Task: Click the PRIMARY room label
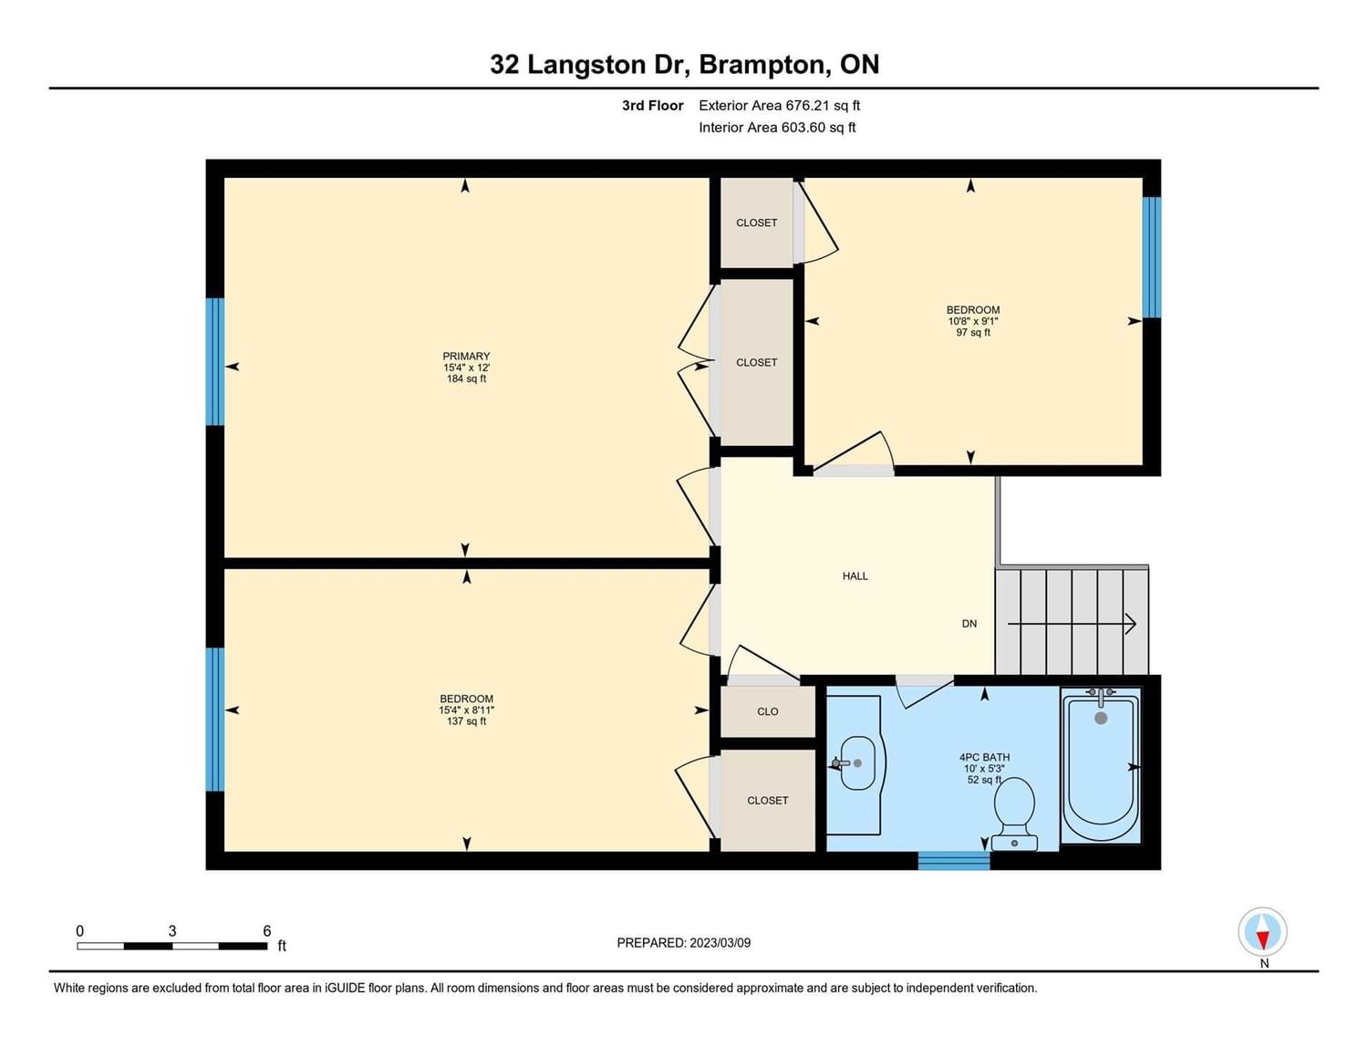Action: click(x=466, y=356)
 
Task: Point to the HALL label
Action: click(x=855, y=576)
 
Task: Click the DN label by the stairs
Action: click(x=969, y=624)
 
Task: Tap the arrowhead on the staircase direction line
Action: click(x=1130, y=624)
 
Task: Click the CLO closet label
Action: click(x=767, y=711)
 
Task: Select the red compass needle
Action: click(x=1262, y=940)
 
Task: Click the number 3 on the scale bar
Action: click(x=171, y=931)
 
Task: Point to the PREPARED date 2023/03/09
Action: click(x=720, y=943)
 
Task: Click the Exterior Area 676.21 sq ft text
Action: click(x=780, y=106)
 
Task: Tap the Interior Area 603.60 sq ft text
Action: click(x=777, y=128)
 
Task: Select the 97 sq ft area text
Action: click(x=972, y=332)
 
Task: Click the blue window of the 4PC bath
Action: click(x=954, y=861)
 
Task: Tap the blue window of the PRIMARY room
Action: click(x=215, y=361)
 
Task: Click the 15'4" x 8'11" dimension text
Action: click(x=467, y=710)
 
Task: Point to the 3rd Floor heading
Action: click(x=652, y=106)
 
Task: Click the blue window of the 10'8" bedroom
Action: click(x=1152, y=257)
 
